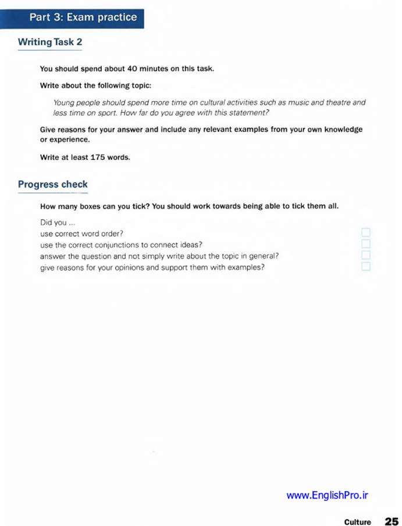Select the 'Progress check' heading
(x=52, y=185)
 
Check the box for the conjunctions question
(x=366, y=244)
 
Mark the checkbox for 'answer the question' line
(x=366, y=255)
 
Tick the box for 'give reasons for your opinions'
(x=366, y=266)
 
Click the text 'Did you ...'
(x=57, y=223)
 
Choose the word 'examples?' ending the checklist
(x=248, y=267)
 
